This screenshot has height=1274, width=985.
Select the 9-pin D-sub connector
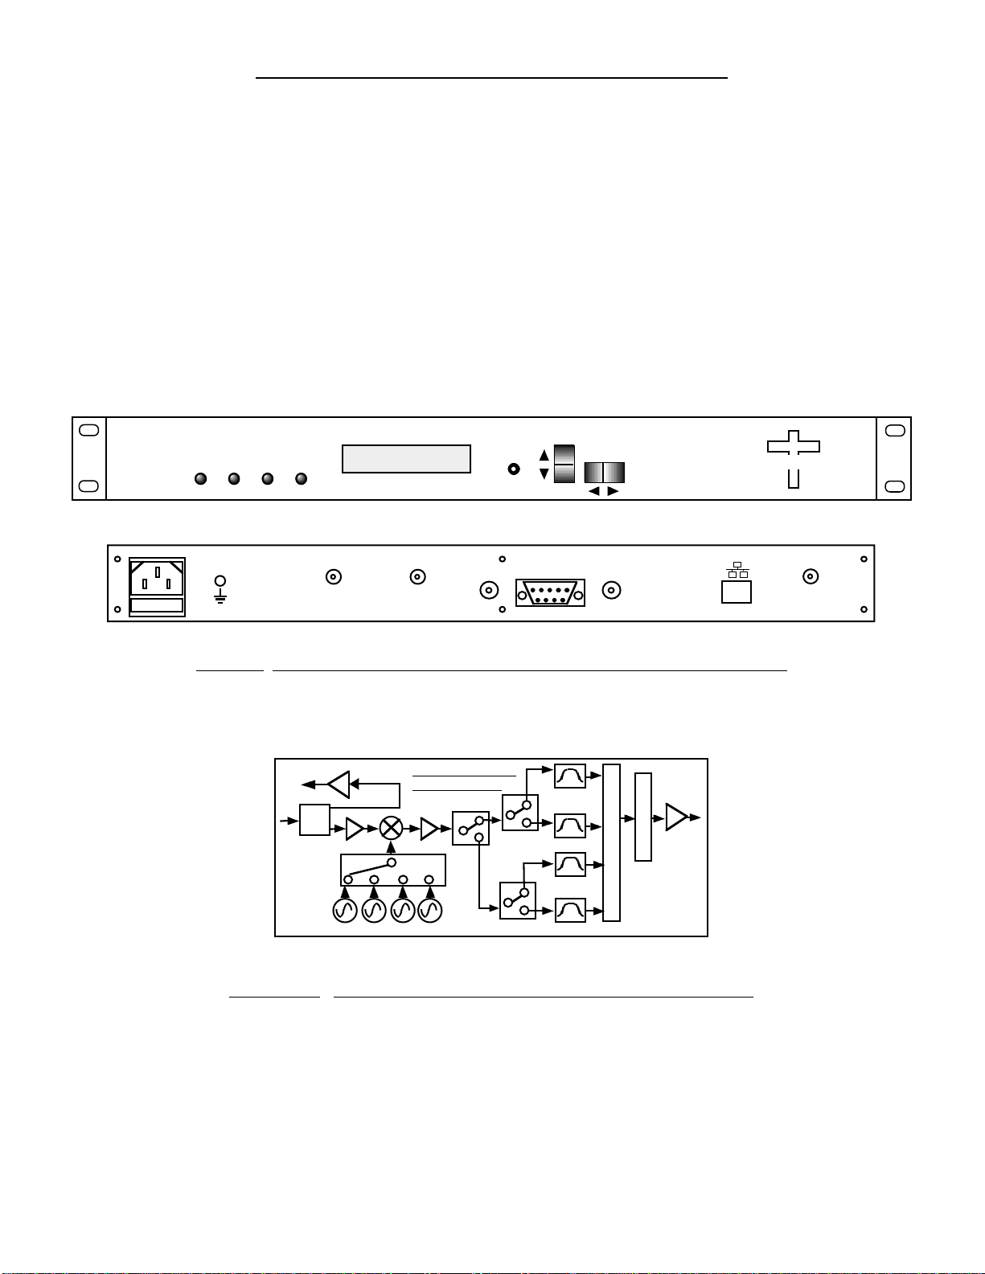tap(550, 592)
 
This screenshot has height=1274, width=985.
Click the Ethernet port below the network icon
tap(737, 592)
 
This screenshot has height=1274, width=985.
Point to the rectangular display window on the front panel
tap(406, 459)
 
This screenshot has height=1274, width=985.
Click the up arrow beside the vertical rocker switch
tap(544, 455)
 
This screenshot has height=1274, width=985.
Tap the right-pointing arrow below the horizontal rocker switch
tap(613, 491)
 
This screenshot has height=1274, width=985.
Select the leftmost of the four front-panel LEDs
tap(201, 479)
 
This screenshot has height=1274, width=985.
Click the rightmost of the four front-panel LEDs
tap(302, 479)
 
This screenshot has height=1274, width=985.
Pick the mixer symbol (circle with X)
tap(392, 828)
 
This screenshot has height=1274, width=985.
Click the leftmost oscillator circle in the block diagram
tap(345, 911)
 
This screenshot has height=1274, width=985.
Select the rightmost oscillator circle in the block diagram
tap(430, 911)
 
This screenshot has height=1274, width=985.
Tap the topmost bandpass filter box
tap(570, 776)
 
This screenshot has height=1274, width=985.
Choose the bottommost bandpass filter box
tap(570, 910)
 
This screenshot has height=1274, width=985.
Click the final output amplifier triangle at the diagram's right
tap(676, 817)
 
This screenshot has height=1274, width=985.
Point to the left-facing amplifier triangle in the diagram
tap(339, 784)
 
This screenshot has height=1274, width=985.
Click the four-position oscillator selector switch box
tap(393, 870)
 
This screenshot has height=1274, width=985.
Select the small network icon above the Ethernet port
tap(737, 570)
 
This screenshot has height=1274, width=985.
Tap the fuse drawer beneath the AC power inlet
tap(158, 606)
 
